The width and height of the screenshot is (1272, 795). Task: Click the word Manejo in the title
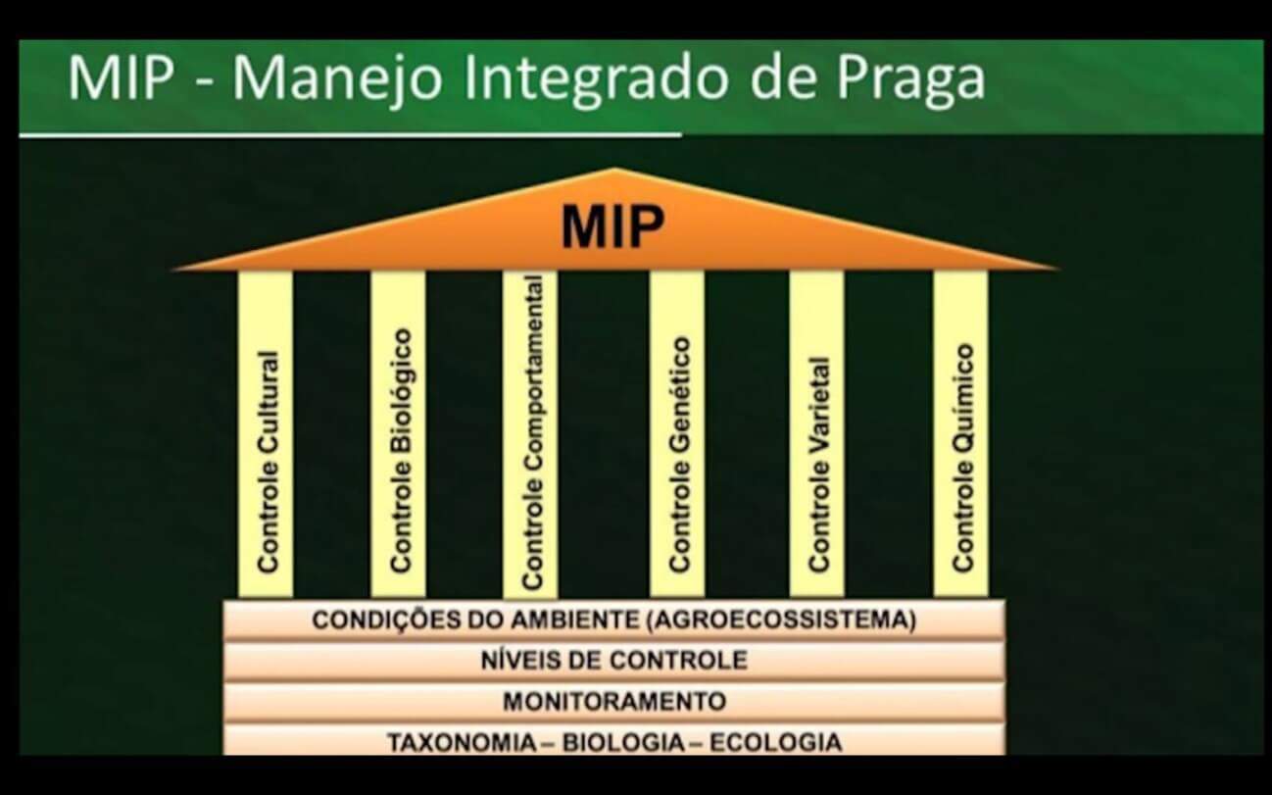tap(337, 79)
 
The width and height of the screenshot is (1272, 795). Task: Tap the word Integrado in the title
tap(596, 79)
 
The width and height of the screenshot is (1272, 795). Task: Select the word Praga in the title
tap(910, 80)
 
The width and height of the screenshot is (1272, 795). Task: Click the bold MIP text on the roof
tap(612, 226)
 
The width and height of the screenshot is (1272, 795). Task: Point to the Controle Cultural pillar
tap(266, 434)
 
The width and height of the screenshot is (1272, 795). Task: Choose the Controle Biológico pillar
tap(398, 434)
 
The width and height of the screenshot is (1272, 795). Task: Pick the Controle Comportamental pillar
tap(530, 434)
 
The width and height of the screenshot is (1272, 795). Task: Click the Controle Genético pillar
tap(677, 434)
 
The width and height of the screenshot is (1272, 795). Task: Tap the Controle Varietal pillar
tap(816, 434)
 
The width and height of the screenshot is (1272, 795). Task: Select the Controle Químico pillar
tap(960, 434)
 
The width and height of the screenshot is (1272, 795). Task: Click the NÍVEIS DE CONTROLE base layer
tap(613, 661)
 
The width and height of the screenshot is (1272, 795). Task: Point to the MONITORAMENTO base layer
tap(613, 702)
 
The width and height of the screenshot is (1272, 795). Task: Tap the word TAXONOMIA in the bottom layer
tap(462, 743)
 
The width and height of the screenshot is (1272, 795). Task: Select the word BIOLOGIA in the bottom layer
tap(623, 743)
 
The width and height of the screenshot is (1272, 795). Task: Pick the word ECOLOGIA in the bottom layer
tap(776, 743)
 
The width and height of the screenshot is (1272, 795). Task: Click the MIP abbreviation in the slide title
tap(120, 78)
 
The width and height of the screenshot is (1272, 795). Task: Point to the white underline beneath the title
tap(350, 135)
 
